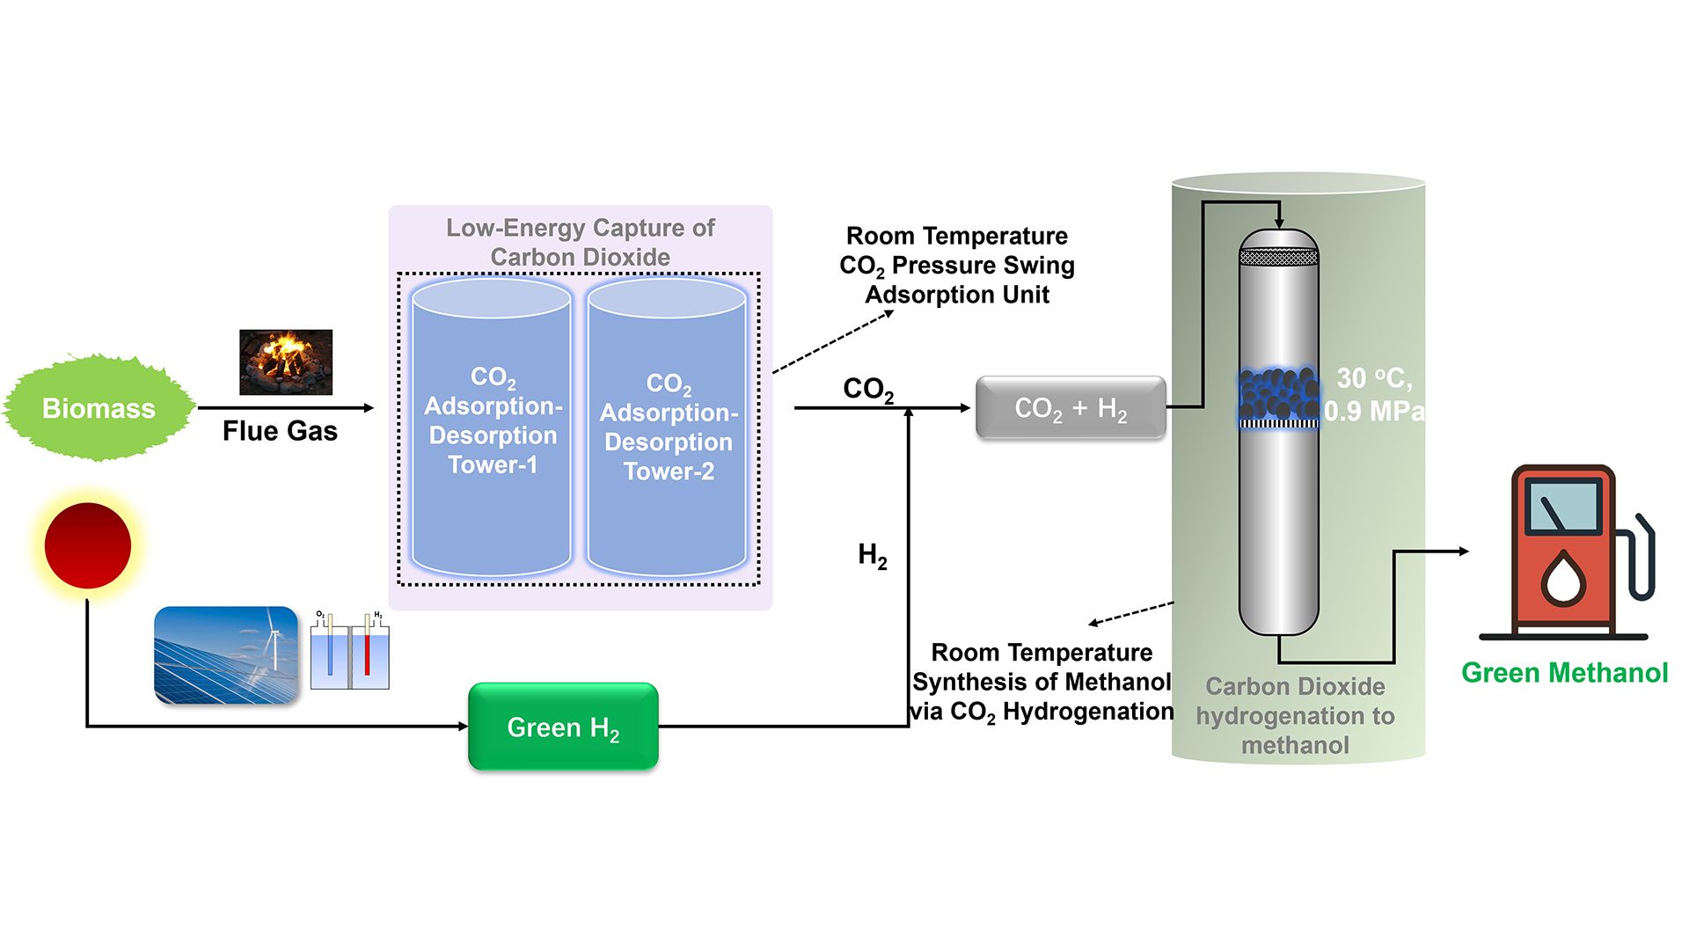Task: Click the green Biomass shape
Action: click(99, 408)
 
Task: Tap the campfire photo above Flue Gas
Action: click(286, 362)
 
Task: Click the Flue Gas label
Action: click(280, 431)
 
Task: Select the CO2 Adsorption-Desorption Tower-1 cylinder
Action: click(492, 427)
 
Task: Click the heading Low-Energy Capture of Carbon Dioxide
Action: click(580, 242)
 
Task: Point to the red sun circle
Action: click(87, 545)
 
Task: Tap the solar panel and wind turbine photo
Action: click(226, 654)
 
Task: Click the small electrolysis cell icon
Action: click(350, 651)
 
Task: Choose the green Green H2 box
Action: click(563, 727)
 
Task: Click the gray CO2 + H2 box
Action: click(1071, 407)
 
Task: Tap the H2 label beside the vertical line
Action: click(872, 555)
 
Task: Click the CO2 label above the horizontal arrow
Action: click(867, 389)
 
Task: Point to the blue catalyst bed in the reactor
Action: click(1278, 395)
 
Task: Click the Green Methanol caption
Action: click(1564, 673)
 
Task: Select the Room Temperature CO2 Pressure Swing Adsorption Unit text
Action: click(957, 265)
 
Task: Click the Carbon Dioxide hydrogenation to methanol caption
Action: click(1295, 715)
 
